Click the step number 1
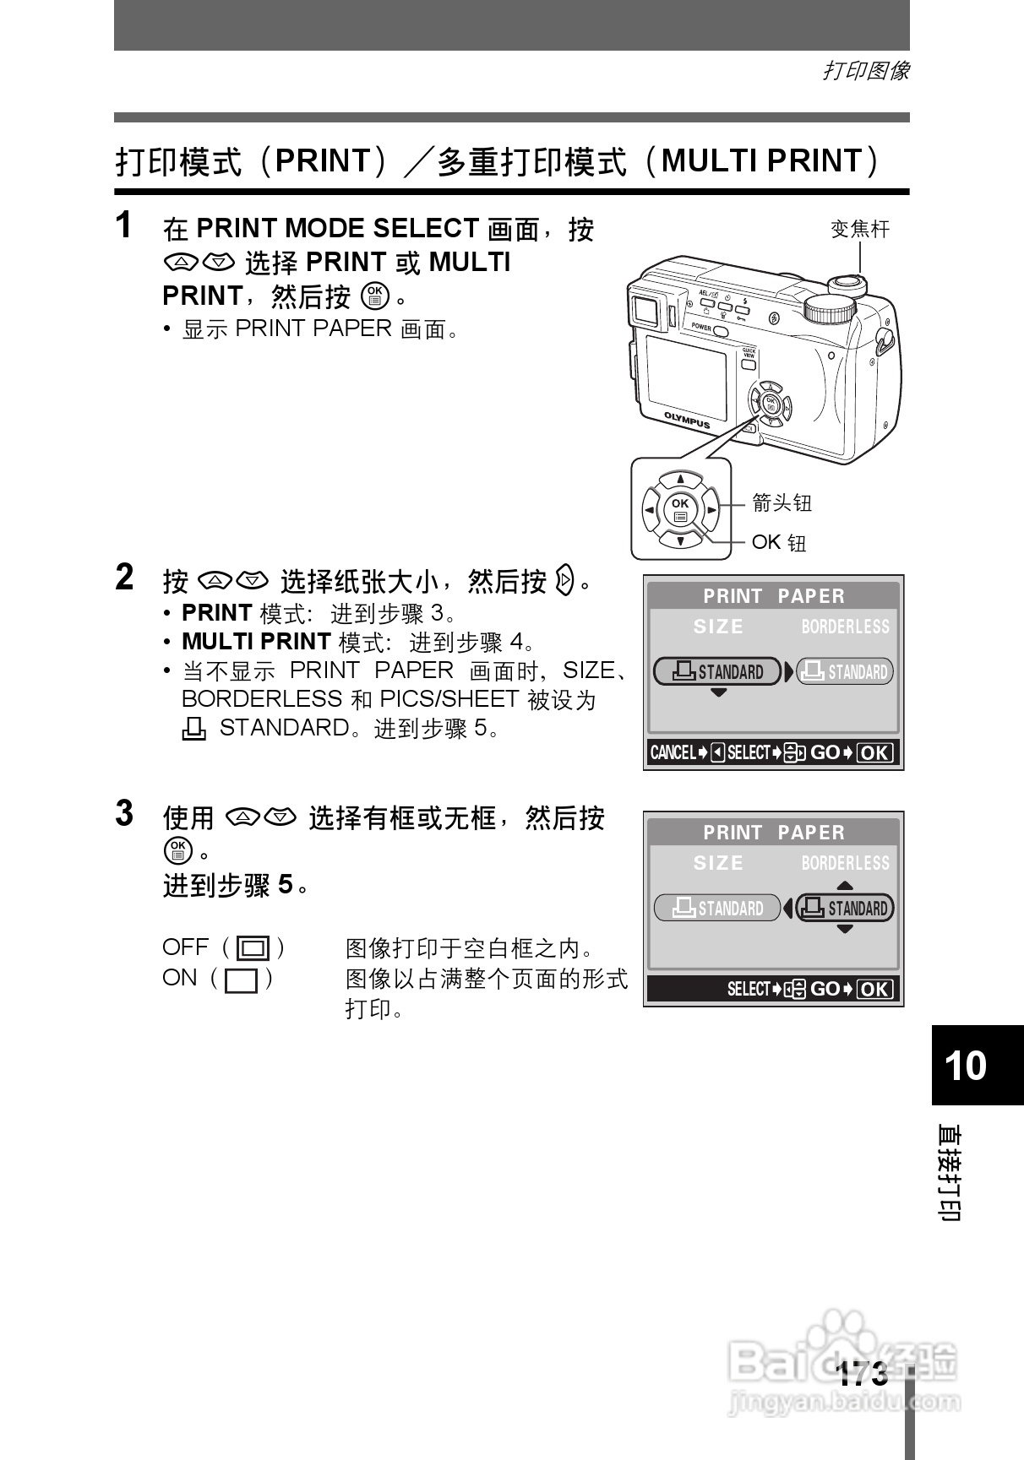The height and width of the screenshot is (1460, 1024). [123, 225]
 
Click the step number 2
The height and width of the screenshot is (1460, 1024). [124, 578]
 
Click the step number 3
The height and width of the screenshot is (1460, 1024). [124, 814]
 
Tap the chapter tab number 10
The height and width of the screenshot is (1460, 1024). [966, 1066]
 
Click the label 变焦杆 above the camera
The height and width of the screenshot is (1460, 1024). [860, 229]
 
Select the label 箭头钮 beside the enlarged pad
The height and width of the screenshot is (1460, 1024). [782, 503]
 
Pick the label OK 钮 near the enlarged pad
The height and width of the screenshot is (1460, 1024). [779, 542]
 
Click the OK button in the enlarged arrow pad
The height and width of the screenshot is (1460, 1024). [680, 509]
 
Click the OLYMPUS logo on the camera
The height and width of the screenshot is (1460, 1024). [687, 420]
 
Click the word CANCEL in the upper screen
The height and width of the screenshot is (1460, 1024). [673, 752]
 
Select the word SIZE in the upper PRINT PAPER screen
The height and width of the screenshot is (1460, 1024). [718, 627]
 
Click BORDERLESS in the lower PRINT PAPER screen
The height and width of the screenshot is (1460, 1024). [845, 863]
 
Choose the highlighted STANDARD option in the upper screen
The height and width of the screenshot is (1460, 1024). [717, 672]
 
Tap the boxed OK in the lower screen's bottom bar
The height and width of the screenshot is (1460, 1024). [874, 989]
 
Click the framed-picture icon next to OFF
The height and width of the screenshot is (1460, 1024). [253, 949]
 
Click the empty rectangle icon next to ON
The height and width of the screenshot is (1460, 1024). [242, 980]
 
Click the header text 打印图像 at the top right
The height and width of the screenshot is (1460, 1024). [866, 71]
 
